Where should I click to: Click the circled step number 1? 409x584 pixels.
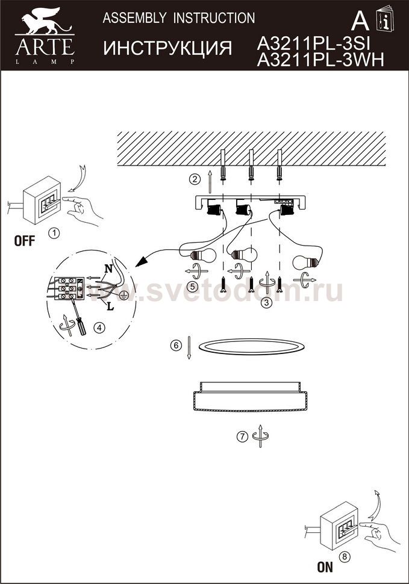coord(54,234)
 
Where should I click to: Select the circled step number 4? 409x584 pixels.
coord(99,328)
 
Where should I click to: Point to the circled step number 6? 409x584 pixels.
coord(176,345)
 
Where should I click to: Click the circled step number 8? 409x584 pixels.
coord(345,557)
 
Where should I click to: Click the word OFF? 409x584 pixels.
coord(25,241)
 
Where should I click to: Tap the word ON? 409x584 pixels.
coord(325,567)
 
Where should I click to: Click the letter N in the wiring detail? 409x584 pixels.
coord(108,268)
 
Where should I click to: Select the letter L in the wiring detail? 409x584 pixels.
coord(110,307)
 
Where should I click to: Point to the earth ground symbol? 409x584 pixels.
coord(123,296)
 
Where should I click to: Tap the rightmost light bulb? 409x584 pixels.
coord(307,262)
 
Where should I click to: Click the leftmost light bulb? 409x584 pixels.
coord(204,256)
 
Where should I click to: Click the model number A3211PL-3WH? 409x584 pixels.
coord(320,60)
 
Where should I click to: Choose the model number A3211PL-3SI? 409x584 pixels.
coord(313,45)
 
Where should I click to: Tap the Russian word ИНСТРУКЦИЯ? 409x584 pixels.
coord(167,48)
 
